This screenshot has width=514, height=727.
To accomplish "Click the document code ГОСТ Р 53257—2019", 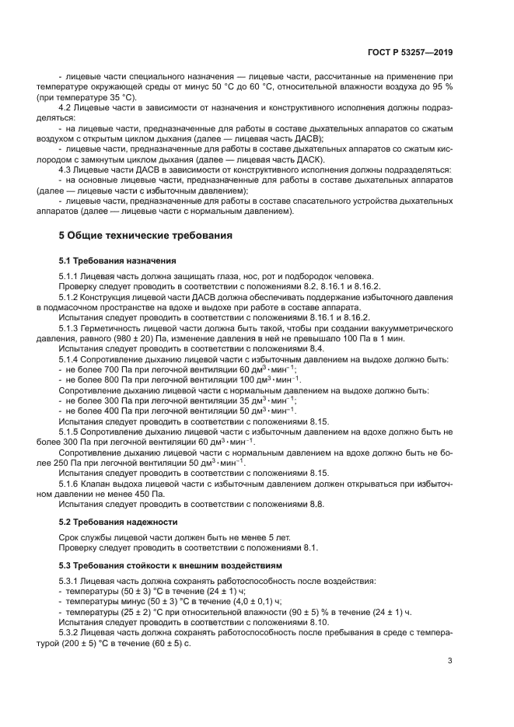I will (413, 53).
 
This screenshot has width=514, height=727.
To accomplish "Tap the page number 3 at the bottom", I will (449, 661).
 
